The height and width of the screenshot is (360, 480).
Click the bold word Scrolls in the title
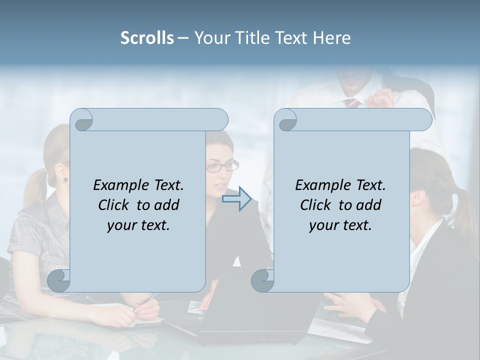pyautogui.click(x=147, y=38)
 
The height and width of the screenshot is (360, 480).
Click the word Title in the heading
pyautogui.click(x=248, y=38)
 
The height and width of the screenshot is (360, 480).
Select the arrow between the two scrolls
pyautogui.click(x=236, y=198)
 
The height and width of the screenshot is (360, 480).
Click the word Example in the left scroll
pyautogui.click(x=118, y=185)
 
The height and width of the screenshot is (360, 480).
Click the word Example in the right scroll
pyautogui.click(x=320, y=185)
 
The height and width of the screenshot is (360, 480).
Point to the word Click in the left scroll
pyautogui.click(x=115, y=205)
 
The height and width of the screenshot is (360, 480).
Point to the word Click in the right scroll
pyautogui.click(x=317, y=205)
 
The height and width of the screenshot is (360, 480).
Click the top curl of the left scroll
pyautogui.click(x=82, y=120)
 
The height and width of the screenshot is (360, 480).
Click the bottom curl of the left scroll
pyautogui.click(x=58, y=281)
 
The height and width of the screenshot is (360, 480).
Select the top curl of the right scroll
pyautogui.click(x=285, y=120)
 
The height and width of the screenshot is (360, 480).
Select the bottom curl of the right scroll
pyautogui.click(x=262, y=281)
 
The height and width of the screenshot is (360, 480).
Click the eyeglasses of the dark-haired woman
pyautogui.click(x=220, y=166)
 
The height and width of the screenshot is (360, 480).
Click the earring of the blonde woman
pyautogui.click(x=65, y=179)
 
